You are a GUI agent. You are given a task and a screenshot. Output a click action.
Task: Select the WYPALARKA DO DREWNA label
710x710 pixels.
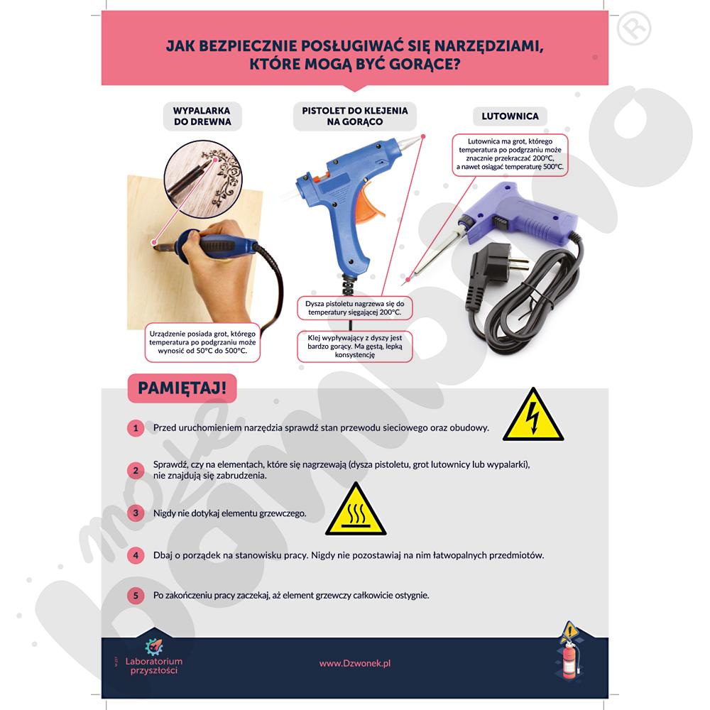click(x=202, y=116)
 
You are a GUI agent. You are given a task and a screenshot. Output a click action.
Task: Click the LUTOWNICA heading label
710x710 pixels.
click(x=510, y=116)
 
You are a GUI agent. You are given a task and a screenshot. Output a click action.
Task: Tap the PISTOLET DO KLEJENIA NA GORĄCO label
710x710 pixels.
click(x=355, y=116)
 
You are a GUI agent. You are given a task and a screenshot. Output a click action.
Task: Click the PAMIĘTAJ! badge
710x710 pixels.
click(x=182, y=388)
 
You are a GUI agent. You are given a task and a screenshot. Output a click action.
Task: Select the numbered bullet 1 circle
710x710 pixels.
click(x=136, y=428)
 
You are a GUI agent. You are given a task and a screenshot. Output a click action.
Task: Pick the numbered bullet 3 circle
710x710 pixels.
click(x=136, y=513)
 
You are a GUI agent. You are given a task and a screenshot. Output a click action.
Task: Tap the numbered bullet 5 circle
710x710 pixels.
click(x=136, y=596)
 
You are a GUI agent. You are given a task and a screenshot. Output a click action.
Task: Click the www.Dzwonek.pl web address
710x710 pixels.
click(x=355, y=663)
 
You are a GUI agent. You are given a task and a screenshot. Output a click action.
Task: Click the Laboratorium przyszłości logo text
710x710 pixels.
click(x=154, y=666)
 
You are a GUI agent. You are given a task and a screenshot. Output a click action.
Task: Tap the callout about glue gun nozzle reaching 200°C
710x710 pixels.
click(x=355, y=308)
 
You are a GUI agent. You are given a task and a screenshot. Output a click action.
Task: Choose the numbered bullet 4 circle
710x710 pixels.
click(x=136, y=555)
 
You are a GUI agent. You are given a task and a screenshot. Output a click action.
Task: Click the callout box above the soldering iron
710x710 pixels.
click(x=510, y=154)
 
